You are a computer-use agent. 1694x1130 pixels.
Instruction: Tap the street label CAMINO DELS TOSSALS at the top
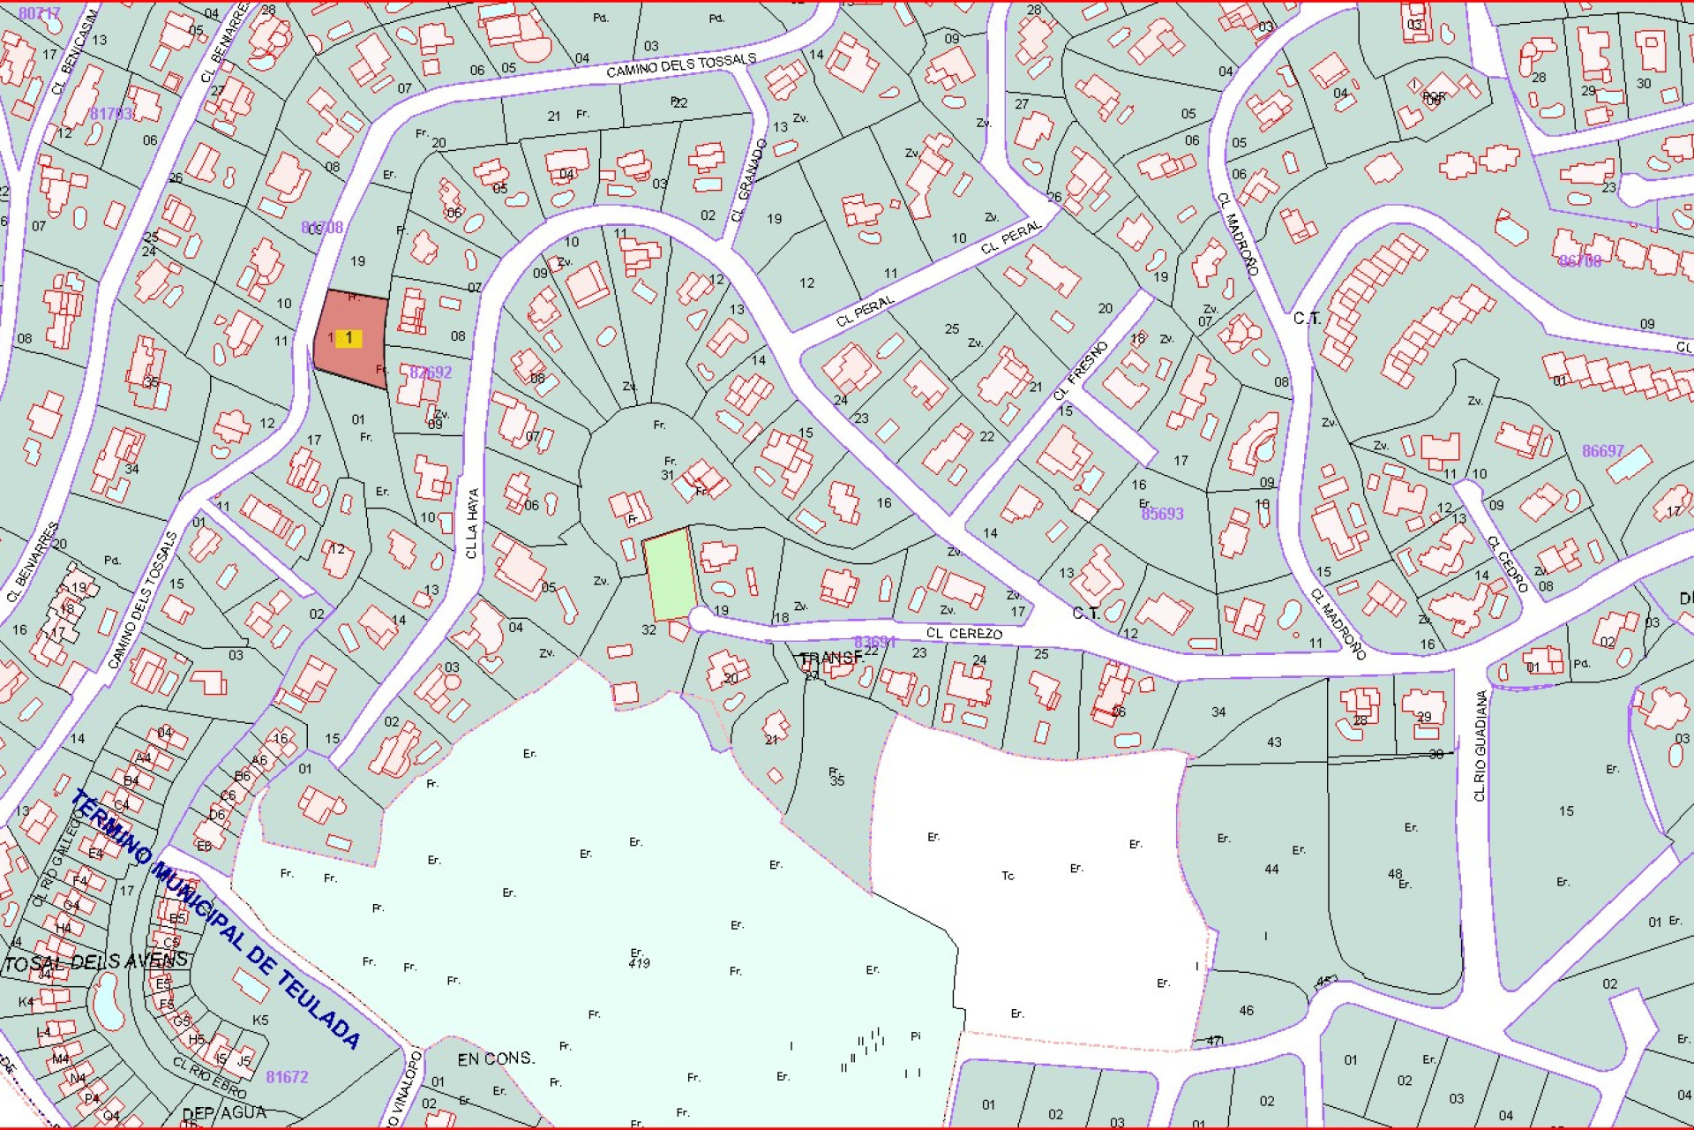[x=680, y=65]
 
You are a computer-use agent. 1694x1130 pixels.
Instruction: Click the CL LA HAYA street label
[x=472, y=524]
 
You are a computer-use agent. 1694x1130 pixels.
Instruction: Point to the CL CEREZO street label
[x=963, y=633]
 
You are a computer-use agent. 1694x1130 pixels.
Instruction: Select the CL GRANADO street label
[x=748, y=181]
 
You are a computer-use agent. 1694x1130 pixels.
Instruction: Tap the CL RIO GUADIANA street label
[x=1480, y=745]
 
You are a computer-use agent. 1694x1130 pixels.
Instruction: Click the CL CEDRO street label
[x=1507, y=563]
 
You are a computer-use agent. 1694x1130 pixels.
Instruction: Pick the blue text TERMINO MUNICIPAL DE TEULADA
[x=215, y=918]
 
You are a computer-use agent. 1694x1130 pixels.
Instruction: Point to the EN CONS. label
[x=496, y=1058]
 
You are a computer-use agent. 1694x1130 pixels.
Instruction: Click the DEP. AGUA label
[x=224, y=1113]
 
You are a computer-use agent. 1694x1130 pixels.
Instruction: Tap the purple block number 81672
[x=287, y=1077]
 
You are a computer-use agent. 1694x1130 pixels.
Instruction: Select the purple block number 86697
[x=1602, y=451]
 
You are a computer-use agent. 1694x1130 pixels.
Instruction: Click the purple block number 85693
[x=1162, y=514]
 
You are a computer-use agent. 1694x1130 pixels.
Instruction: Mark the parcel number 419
[x=639, y=962]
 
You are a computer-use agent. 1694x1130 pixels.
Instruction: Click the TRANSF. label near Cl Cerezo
[x=830, y=658]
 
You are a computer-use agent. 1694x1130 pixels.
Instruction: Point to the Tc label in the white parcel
[x=1008, y=876]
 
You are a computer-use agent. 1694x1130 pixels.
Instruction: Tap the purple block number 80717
[x=40, y=13]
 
